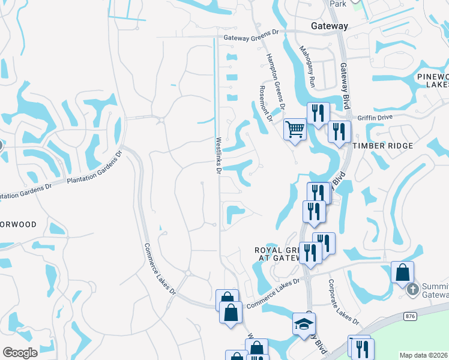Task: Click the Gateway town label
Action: pos(330,26)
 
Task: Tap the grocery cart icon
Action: pos(295,128)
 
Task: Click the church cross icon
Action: pos(412,289)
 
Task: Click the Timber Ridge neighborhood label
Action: pos(382,146)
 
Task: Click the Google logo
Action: pos(20,353)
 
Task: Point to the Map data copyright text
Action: pos(423,355)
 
